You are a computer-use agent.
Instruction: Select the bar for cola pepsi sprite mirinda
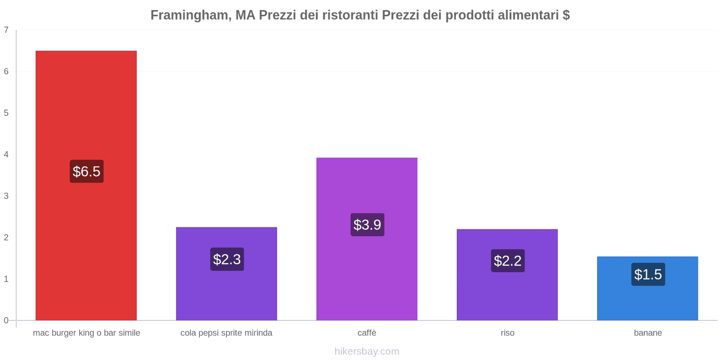[x=226, y=292]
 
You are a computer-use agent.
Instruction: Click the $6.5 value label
[x=86, y=171]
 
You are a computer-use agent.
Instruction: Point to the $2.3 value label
[x=227, y=259]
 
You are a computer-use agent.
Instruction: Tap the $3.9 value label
[x=367, y=225]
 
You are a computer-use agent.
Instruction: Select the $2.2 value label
[x=508, y=261]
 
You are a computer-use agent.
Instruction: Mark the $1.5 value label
[x=648, y=274]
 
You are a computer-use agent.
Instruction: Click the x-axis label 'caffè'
[x=367, y=333]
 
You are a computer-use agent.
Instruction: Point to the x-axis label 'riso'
[x=508, y=333]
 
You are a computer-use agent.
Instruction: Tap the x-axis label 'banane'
[x=648, y=333]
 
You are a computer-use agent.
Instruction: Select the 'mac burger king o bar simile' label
[x=86, y=333]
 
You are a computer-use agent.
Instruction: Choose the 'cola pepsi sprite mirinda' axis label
[x=226, y=333]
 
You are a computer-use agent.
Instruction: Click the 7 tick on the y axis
[x=6, y=30]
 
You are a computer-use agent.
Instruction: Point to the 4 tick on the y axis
[x=6, y=155]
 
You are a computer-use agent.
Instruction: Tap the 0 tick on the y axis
[x=6, y=320]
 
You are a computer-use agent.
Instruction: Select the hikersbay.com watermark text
[x=367, y=351]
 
